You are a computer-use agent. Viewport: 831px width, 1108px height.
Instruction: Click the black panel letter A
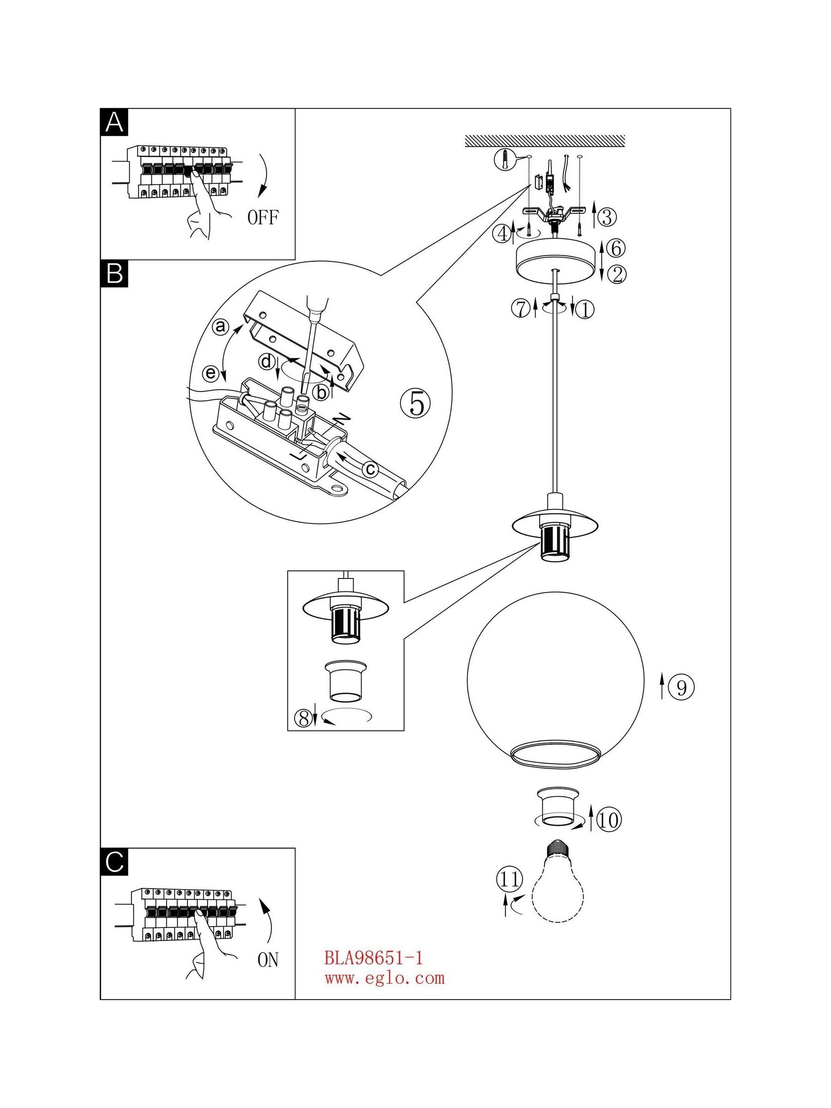114,122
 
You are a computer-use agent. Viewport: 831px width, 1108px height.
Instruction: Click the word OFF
264,218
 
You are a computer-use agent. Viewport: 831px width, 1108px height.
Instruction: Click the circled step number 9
682,688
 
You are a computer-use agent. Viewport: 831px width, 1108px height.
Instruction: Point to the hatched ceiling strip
545,141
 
